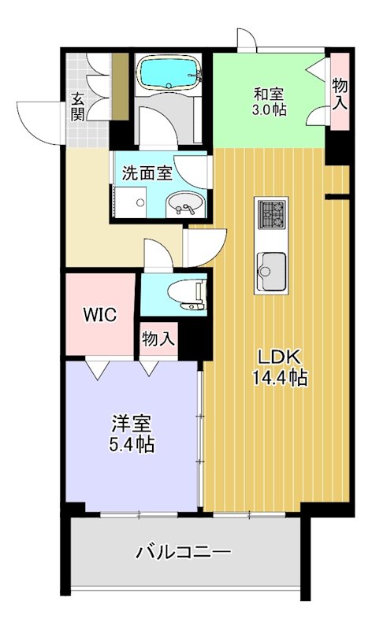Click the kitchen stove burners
(x=272, y=213)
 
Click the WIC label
(x=101, y=316)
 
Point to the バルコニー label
(x=183, y=552)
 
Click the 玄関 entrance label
(x=79, y=106)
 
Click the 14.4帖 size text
(x=279, y=377)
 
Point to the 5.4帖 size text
(x=131, y=444)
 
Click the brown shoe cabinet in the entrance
(x=120, y=87)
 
